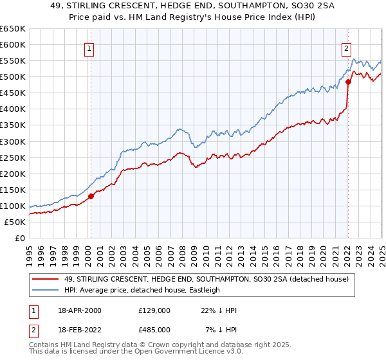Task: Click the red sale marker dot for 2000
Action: coord(91,196)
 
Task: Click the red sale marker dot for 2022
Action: coord(348,82)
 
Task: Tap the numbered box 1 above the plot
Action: coord(88,47)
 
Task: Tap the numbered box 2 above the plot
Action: coord(346,47)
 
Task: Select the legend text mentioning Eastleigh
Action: coord(141,290)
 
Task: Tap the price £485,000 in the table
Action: coord(154,329)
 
